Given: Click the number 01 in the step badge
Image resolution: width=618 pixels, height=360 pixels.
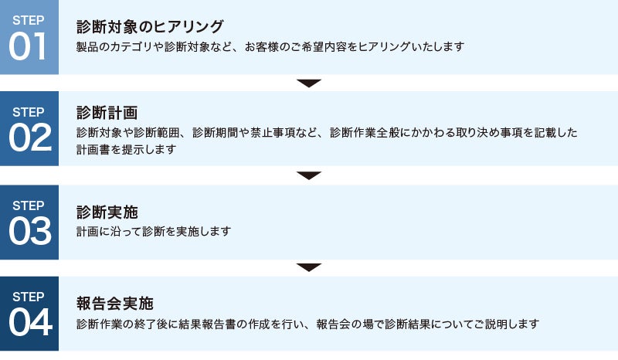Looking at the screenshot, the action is (x=29, y=47).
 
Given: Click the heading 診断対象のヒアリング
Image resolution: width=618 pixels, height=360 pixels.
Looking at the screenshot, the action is (x=150, y=27).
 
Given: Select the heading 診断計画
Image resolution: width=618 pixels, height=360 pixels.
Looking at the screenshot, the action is (x=107, y=113).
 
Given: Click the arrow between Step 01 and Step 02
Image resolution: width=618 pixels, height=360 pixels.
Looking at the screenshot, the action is (x=309, y=83).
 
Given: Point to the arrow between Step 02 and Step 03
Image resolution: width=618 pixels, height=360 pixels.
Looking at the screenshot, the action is (x=309, y=175).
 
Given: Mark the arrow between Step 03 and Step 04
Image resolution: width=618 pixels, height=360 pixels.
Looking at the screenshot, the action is (x=309, y=267).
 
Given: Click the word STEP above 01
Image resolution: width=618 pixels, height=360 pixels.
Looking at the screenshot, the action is (x=29, y=19).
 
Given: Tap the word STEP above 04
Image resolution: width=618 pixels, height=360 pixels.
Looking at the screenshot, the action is (x=29, y=297).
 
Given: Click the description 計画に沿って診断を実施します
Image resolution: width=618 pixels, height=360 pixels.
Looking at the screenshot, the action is (x=154, y=231).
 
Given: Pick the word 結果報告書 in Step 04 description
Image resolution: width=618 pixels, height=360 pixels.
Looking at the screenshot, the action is (x=203, y=324).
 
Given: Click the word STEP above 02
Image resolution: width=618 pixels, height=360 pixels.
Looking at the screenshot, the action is (x=29, y=111).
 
